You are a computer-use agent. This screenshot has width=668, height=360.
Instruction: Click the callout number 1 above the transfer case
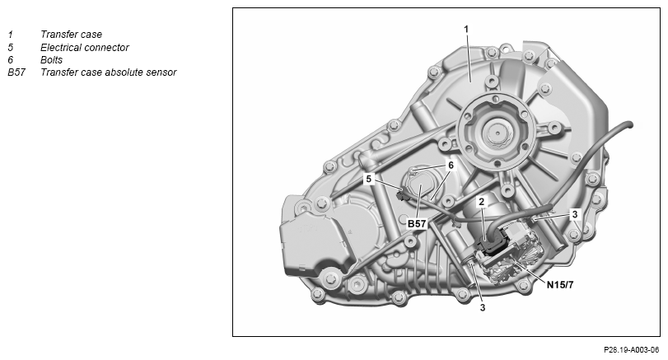[x=466, y=29]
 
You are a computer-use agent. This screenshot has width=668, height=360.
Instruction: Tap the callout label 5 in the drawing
[x=369, y=179]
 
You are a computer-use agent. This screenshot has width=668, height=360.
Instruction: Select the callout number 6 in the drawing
[x=451, y=165]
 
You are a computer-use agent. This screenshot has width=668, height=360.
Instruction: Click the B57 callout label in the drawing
[x=417, y=223]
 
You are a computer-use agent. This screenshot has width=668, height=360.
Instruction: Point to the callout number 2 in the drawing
[x=481, y=202]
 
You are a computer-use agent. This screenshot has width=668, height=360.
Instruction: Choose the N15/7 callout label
[x=560, y=284]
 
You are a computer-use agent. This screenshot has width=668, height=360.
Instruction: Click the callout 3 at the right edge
[x=575, y=214]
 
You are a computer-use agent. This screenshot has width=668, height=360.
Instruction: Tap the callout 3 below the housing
[x=482, y=307]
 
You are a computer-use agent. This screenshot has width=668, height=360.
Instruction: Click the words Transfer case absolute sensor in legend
[x=108, y=72]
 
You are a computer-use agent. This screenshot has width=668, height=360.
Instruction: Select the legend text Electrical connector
[x=84, y=47]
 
